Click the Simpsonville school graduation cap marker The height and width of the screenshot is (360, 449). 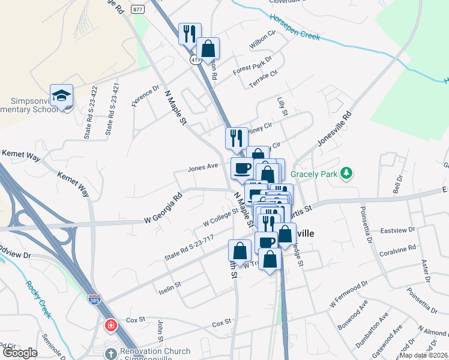click(x=61, y=96)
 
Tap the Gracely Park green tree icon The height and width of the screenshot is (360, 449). click(x=346, y=174)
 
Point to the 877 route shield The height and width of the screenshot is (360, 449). click(x=137, y=9)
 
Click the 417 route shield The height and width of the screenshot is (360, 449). click(x=196, y=60)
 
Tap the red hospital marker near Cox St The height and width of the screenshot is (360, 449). click(x=111, y=326)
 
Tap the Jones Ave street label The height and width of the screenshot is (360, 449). click(x=202, y=167)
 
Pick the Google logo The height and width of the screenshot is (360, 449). click(x=20, y=353)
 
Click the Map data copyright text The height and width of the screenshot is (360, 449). click(x=423, y=355)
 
